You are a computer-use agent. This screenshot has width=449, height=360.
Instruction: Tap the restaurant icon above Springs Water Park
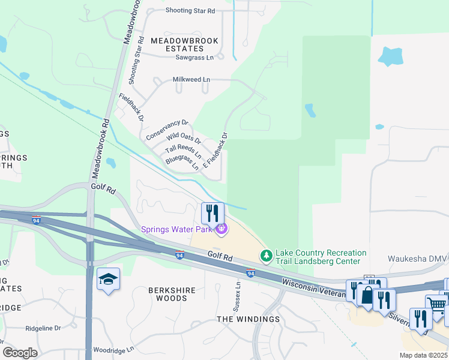[x=212, y=213]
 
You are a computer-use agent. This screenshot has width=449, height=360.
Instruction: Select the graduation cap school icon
[x=109, y=280]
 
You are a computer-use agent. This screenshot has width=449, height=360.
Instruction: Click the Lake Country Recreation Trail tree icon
[x=266, y=256]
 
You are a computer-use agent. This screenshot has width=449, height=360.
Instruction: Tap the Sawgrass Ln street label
[x=194, y=58]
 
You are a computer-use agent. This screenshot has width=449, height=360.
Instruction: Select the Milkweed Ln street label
[x=191, y=79]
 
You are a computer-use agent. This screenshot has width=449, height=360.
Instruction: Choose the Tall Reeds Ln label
[x=183, y=151]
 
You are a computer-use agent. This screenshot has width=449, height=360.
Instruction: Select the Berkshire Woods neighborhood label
[x=172, y=294]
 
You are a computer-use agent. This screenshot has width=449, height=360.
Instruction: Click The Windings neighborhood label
[x=248, y=319]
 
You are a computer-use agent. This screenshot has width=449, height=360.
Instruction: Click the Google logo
[x=20, y=352]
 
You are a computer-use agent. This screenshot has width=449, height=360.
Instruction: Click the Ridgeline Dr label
[x=43, y=328]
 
